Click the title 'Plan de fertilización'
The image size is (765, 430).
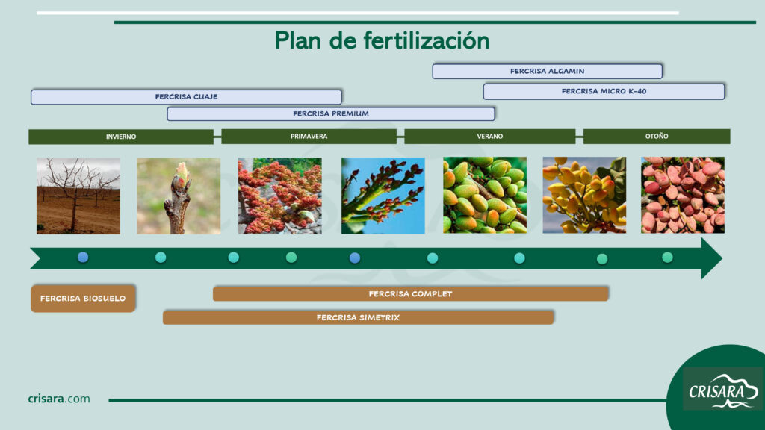coord(382,40)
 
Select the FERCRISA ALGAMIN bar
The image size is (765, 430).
coord(548,71)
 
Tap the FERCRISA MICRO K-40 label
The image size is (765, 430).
coord(604,91)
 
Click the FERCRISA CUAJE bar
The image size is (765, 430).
coord(186,96)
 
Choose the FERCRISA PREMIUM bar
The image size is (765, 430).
coord(331,113)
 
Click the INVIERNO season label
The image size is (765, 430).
coord(121,137)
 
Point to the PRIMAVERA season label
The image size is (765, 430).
coord(309,137)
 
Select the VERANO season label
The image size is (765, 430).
coord(490,137)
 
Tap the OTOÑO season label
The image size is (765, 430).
coord(657,137)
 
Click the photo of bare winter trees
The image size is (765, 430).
coord(78,196)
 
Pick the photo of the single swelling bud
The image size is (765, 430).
coord(179,196)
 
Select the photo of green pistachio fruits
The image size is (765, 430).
coord(485,195)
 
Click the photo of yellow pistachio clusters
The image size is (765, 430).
coord(584,195)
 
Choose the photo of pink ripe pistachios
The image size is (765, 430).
coord(683,195)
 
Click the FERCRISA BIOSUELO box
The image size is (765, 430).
coord(83,299)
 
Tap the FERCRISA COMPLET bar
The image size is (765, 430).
coord(411,294)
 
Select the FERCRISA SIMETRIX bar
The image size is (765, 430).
coord(358,317)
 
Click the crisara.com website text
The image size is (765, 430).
coord(59,399)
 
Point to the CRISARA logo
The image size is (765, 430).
coord(723,390)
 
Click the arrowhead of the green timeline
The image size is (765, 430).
coord(711,258)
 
